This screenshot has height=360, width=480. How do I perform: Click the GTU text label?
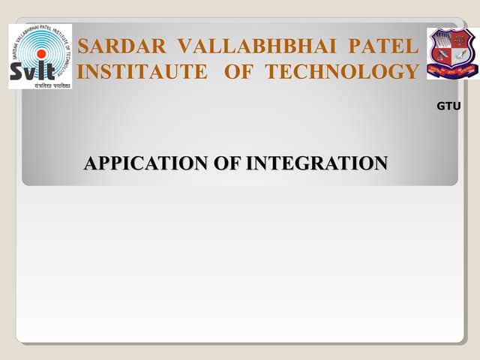pyautogui.click(x=448, y=106)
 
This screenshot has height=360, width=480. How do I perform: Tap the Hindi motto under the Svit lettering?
pyautogui.click(x=40, y=83)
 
